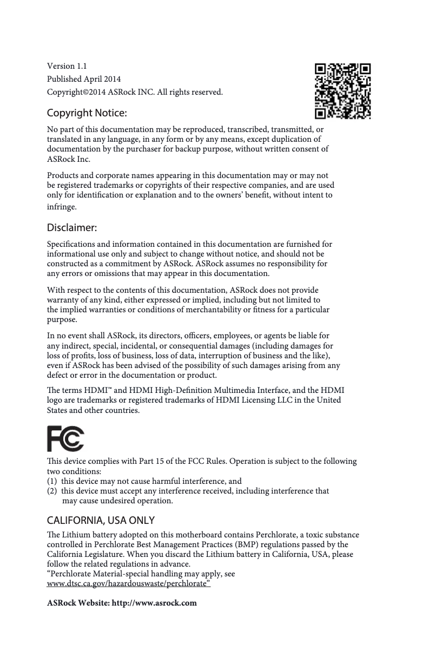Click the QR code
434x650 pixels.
click(x=343, y=91)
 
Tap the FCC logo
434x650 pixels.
click(x=65, y=439)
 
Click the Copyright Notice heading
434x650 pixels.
click(x=87, y=114)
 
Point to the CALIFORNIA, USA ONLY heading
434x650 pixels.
click(x=101, y=521)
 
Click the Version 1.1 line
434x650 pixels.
click(x=67, y=66)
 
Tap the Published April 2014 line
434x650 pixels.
click(x=84, y=79)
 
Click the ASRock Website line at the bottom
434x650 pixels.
click(x=122, y=603)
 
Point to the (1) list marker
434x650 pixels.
click(x=52, y=481)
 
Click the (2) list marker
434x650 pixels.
click(x=52, y=491)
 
